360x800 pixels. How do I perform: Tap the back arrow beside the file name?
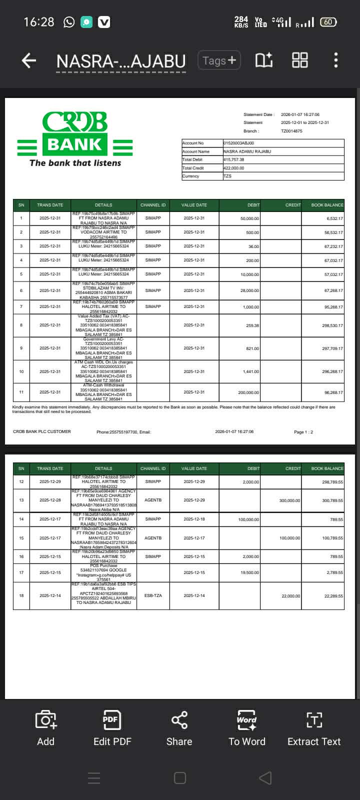coord(29,60)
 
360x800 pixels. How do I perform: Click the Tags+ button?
coord(219,60)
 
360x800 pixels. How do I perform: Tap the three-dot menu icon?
coord(335,60)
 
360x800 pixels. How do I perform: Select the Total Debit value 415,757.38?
coord(234,159)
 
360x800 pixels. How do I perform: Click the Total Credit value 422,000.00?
coord(234,168)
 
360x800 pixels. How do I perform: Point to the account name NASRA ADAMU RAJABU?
coord(247,151)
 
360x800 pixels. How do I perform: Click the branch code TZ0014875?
coord(291,131)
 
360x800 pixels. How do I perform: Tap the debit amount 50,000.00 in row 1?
coord(249,218)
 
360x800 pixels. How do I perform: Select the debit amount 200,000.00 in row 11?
coord(248,392)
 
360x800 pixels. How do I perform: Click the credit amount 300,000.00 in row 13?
coord(290,500)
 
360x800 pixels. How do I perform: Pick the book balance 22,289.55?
coord(333,596)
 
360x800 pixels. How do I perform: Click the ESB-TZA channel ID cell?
coord(153,595)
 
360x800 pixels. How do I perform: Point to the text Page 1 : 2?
coord(303,432)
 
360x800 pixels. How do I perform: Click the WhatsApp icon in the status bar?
coord(69,22)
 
